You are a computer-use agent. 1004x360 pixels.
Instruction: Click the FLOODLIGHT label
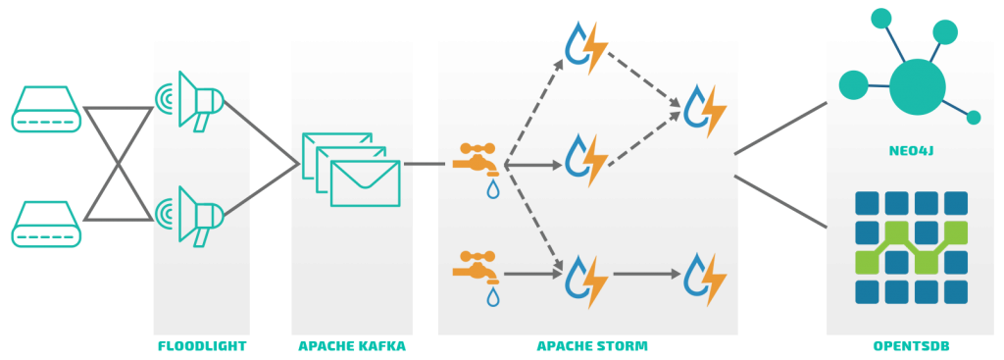202,346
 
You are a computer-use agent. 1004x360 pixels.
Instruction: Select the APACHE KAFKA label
352,346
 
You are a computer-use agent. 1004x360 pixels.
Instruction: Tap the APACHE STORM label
592,346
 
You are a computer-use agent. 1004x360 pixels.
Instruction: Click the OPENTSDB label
911,346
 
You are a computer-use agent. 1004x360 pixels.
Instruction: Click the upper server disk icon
46,109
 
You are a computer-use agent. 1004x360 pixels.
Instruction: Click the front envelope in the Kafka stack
365,183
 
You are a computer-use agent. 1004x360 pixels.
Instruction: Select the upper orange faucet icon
476,158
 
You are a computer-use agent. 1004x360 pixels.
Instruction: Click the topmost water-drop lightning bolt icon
586,47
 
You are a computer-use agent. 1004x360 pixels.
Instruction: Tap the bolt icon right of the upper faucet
586,159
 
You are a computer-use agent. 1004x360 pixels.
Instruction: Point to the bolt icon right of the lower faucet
586,280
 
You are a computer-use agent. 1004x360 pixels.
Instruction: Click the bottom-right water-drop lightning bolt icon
705,279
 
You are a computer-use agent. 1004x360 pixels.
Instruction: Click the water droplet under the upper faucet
492,188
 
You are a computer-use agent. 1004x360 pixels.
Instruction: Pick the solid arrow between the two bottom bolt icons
646,275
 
